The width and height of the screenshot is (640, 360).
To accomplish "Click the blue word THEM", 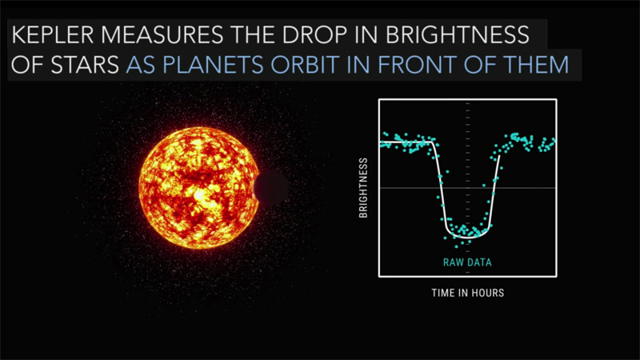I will point(540,65).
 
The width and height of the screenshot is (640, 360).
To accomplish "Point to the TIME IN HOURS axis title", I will point(467,294).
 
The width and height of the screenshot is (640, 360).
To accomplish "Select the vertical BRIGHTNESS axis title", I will point(363,188).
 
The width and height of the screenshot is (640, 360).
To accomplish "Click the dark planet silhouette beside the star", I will point(270,188).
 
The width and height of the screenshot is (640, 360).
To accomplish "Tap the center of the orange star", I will point(198,188).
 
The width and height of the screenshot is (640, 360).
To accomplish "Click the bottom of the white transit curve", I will point(467,238).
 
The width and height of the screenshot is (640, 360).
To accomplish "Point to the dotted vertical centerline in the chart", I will point(467,120).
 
